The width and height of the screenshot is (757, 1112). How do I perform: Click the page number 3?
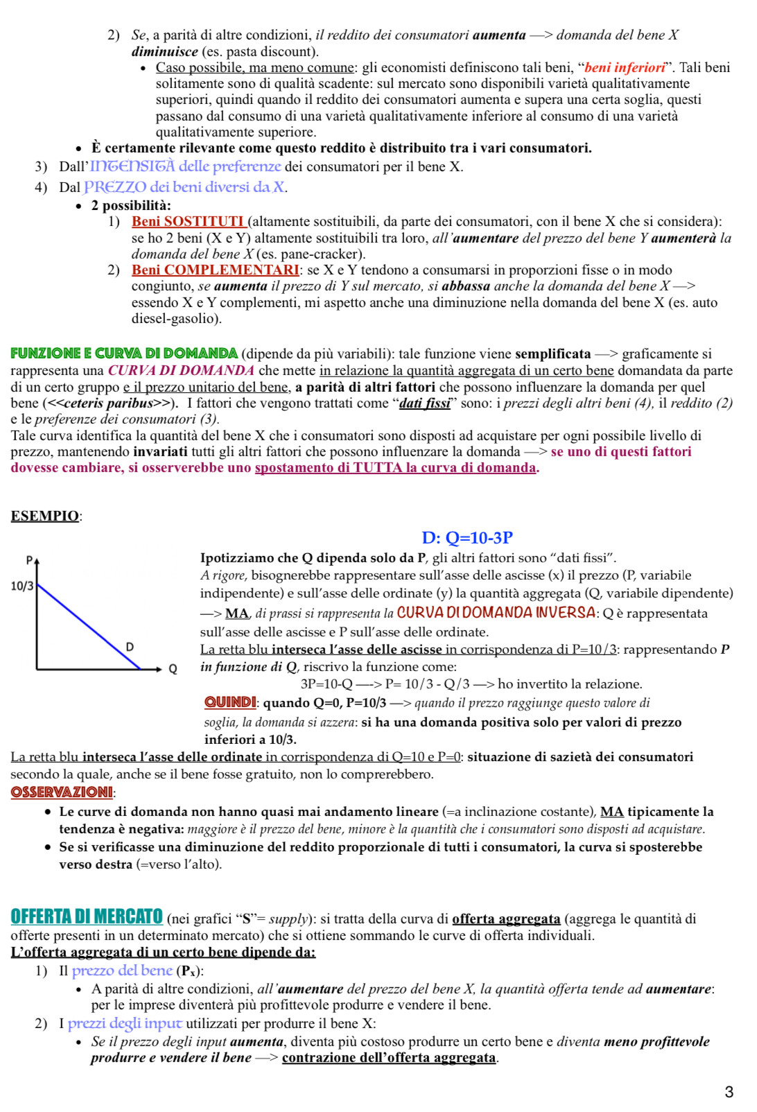[x=729, y=1092]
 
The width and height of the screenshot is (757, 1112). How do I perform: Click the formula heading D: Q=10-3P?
[x=467, y=537]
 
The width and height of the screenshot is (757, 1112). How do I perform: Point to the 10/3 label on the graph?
[x=21, y=586]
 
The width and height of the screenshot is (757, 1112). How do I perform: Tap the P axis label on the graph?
[x=29, y=559]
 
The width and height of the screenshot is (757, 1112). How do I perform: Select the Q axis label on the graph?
[x=173, y=669]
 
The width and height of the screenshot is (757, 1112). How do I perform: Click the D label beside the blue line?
[x=130, y=647]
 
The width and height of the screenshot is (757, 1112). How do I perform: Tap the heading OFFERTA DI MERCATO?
[x=87, y=916]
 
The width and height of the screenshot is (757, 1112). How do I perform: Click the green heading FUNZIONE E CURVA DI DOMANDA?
[x=124, y=354]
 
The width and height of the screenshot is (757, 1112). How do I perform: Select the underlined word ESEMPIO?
[x=44, y=516]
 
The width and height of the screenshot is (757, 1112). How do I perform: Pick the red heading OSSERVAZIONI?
[x=62, y=792]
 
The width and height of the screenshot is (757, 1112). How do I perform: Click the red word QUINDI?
[x=230, y=702]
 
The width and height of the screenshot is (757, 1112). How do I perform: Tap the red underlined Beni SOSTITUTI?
[x=188, y=221]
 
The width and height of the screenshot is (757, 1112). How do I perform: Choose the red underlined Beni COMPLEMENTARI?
[x=215, y=270]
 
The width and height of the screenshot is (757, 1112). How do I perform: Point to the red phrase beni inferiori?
[x=625, y=67]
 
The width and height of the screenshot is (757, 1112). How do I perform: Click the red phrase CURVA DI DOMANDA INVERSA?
[x=496, y=613]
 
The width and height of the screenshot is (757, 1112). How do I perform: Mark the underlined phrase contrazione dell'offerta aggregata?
[x=389, y=1057]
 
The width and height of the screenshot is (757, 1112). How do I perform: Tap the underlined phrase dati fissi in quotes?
[x=425, y=403]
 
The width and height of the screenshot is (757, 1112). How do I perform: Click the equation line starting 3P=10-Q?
[x=471, y=684]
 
